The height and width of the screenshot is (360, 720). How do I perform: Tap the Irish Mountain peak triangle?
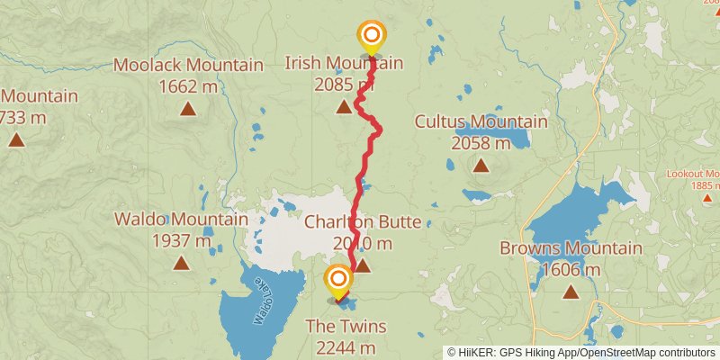coord(344,108)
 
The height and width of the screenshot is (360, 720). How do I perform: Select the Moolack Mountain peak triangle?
coord(187,109)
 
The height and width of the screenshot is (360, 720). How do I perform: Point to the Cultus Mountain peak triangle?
coord(481,165)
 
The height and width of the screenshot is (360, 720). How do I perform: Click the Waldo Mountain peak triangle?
coord(181,263)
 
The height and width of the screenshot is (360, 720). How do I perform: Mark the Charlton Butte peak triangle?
coord(362,265)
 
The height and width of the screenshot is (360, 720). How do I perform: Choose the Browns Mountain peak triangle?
coord(571,292)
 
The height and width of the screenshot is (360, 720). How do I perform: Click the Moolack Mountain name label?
coord(187,65)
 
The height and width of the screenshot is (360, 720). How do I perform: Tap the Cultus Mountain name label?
coord(481,121)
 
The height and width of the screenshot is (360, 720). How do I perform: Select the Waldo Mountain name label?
coord(181,220)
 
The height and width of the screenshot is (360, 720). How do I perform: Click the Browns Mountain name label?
coord(571,248)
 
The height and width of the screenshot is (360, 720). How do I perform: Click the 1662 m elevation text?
coord(187,86)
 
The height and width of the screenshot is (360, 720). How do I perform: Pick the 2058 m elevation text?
coord(481,142)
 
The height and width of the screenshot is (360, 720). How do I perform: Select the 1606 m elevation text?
coord(571,270)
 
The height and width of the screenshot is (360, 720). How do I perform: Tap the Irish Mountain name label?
coord(344,63)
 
